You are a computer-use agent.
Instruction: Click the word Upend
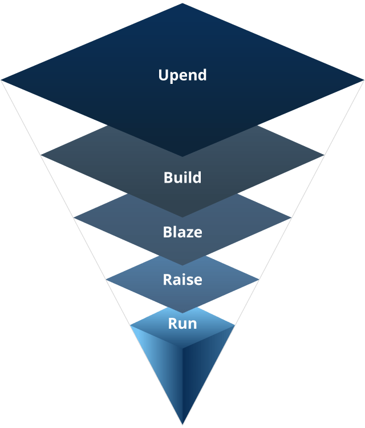point(182,75)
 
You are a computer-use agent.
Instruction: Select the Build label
point(182,177)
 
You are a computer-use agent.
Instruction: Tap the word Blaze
point(182,232)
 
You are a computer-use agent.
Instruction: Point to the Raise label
point(182,280)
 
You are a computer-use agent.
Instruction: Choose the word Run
point(182,324)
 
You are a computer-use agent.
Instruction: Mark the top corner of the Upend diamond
point(182,3)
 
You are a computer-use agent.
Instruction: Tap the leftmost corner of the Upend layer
point(2,79)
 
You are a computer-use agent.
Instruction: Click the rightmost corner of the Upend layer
point(363,79)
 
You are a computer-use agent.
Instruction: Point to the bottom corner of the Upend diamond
point(182,156)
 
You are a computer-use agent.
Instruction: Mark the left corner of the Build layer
point(42,154)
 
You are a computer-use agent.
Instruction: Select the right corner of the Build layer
point(323,154)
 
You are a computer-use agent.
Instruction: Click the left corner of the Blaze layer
point(75,217)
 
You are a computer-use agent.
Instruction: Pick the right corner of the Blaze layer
point(291,217)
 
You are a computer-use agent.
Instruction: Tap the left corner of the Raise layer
point(107,280)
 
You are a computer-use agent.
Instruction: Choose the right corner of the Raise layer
point(259,280)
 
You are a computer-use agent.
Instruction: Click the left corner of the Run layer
point(131,326)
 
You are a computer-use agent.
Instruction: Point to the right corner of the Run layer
point(235,326)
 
